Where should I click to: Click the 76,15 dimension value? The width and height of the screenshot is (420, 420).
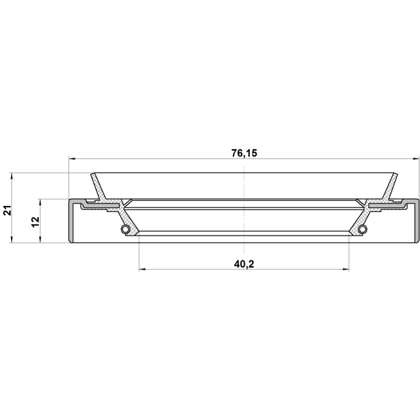[x=244, y=153]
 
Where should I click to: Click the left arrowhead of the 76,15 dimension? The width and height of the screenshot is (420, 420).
[x=73, y=159]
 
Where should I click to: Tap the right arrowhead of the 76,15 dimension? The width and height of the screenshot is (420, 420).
[x=415, y=159]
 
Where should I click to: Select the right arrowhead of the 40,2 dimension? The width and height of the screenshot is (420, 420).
[x=345, y=270]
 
